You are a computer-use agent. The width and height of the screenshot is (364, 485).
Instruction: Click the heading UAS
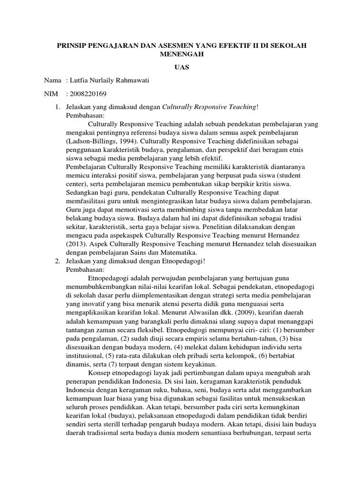182,67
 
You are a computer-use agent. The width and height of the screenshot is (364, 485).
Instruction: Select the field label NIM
51,94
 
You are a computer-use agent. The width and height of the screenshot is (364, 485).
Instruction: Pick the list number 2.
58,261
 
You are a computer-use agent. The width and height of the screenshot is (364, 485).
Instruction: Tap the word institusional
83,356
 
